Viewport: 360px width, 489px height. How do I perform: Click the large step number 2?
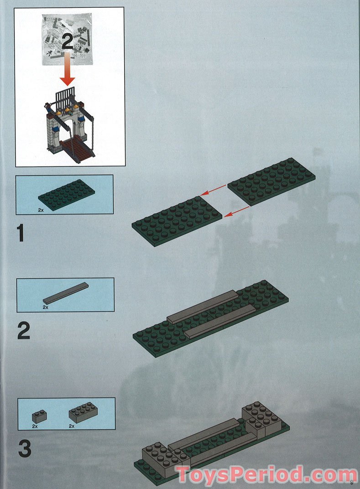point(24,331)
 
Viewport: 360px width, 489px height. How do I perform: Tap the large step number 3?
point(25,449)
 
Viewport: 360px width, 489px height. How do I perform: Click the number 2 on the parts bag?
point(68,42)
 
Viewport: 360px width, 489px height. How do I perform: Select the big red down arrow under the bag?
point(68,70)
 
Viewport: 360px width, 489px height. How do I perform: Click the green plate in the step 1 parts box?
point(67,195)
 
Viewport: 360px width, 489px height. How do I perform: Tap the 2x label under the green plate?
point(41,210)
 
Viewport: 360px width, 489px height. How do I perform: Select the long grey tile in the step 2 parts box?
point(66,293)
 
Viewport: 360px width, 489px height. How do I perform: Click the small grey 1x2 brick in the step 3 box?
point(39,416)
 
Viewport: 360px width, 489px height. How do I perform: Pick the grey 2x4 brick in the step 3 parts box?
point(83,412)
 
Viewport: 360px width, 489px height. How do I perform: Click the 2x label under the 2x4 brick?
point(72,426)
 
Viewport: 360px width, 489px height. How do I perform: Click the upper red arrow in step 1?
point(213,190)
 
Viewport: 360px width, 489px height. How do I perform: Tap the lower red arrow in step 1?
point(237,212)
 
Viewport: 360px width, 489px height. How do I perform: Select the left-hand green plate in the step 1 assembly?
point(177,221)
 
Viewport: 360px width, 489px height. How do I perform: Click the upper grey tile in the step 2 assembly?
point(202,306)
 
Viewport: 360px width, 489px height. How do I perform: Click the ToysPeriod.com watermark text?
point(267,475)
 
